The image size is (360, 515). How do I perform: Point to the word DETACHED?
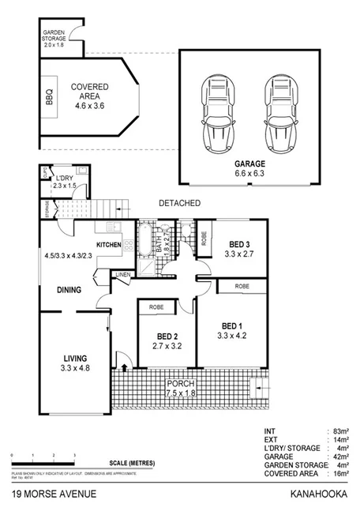(179, 203)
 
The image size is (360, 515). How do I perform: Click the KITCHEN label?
(109, 246)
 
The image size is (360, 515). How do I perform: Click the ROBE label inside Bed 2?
(157, 306)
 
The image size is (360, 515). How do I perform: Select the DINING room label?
(69, 290)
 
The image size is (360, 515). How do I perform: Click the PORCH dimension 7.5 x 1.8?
(181, 393)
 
